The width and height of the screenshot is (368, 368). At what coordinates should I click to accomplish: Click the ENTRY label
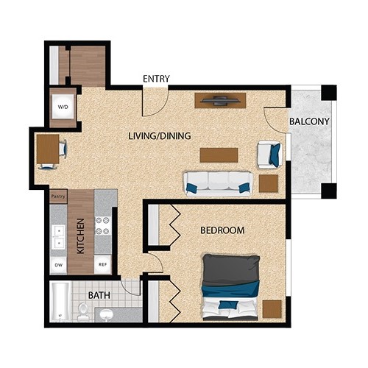156,79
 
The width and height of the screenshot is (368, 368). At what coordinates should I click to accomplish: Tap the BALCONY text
309,121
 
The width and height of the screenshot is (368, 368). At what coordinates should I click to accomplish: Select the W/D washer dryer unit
63,107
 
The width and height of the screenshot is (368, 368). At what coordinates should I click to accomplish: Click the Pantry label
58,197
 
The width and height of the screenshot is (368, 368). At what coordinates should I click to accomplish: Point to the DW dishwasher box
58,265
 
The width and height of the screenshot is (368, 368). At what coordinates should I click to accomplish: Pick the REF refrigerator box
103,264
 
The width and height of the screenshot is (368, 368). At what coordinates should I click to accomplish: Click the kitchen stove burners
103,225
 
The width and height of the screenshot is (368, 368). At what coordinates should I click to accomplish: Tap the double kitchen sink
59,237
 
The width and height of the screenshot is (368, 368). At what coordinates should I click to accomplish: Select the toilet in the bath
83,311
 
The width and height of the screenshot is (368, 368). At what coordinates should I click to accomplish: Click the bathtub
59,302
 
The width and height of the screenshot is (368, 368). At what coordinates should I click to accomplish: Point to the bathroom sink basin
106,314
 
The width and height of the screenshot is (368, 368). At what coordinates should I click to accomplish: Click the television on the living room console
219,101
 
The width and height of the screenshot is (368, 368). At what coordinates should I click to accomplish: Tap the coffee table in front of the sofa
219,155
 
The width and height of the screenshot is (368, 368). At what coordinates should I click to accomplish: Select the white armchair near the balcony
269,155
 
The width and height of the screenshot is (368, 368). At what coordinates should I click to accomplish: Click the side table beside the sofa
269,183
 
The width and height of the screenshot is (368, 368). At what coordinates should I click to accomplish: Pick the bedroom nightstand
272,309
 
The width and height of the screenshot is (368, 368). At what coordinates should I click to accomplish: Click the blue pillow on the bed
229,305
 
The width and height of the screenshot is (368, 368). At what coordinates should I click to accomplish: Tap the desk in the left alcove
48,149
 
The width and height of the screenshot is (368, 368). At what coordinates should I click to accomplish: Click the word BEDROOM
222,230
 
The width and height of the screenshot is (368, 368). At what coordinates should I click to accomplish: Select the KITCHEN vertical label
81,236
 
